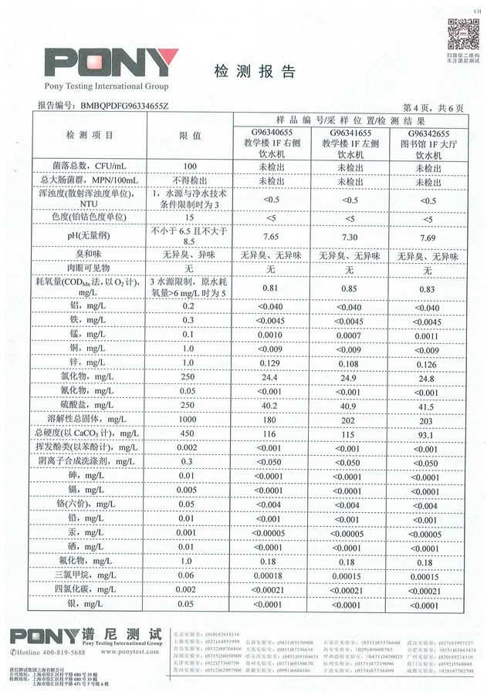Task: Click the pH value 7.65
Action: click(x=271, y=237)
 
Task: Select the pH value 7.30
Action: click(x=349, y=237)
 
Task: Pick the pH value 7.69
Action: click(x=427, y=237)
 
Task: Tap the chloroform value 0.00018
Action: click(x=271, y=576)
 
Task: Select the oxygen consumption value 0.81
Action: click(x=271, y=288)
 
